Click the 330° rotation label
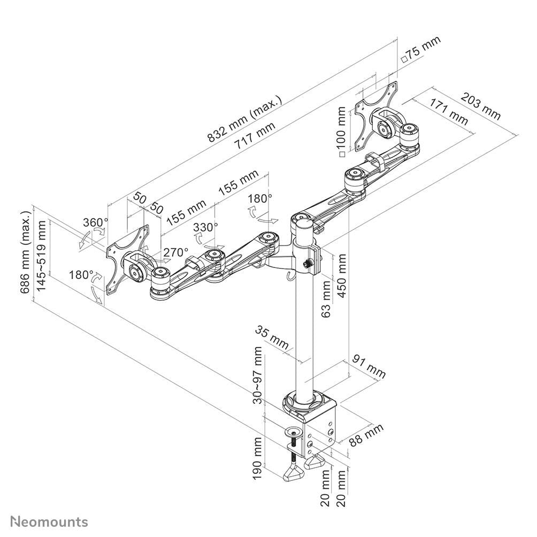point(205,227)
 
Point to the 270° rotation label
point(175,252)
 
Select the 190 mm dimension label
point(258,458)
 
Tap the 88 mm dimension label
point(366,435)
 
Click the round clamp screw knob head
point(294,431)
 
